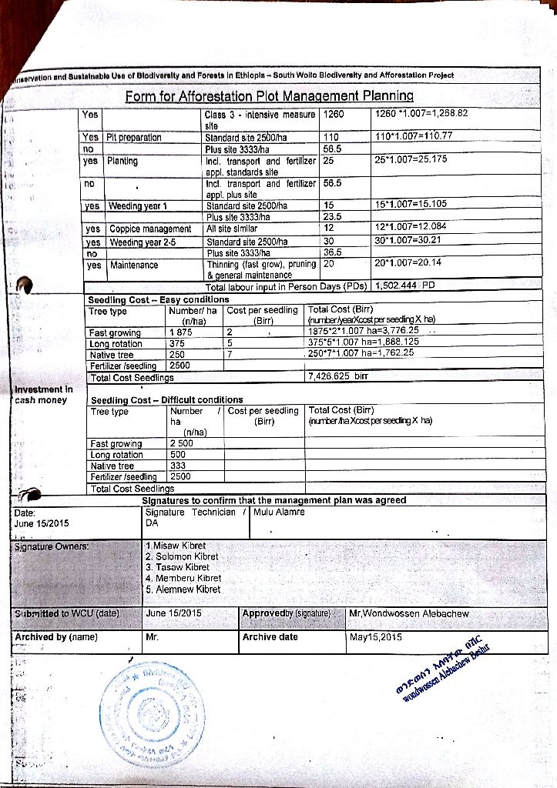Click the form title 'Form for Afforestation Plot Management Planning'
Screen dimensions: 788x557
[x=269, y=96]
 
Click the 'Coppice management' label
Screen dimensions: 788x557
[x=150, y=229]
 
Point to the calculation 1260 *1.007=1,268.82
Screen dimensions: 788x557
[x=421, y=114]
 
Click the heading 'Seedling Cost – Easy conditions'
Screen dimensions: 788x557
[x=158, y=299]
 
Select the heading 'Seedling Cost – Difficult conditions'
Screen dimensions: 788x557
[x=166, y=400]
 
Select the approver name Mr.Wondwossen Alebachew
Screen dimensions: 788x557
[x=408, y=613]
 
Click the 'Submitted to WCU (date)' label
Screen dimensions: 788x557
[x=67, y=613]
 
